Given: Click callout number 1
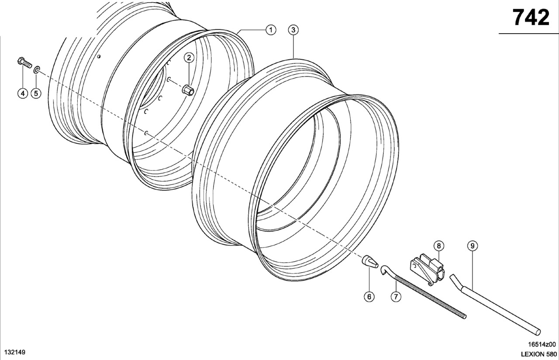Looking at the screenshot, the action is click(x=271, y=30).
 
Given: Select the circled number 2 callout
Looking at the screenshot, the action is click(x=189, y=58).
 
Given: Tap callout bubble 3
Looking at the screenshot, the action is click(x=293, y=30).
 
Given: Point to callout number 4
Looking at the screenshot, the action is click(x=23, y=93).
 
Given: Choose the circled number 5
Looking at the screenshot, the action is click(x=36, y=93).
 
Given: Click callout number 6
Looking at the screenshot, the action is click(x=369, y=297).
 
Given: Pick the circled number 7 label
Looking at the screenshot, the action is click(x=396, y=297).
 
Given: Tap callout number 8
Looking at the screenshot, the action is click(x=439, y=246).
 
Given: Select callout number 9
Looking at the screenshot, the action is click(x=473, y=246).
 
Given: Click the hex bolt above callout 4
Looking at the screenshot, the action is click(x=24, y=62).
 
